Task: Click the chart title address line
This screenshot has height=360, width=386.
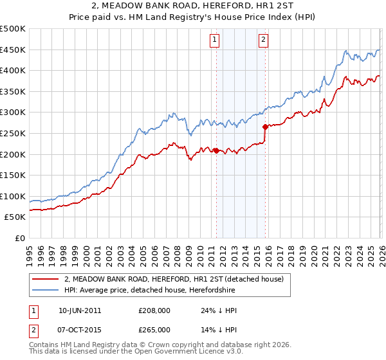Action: [x=193, y=7]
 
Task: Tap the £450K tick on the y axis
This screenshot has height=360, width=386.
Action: [x=13, y=50]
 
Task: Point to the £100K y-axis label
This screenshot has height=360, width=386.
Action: [x=13, y=196]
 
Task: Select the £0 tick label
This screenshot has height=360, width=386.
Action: [x=19, y=238]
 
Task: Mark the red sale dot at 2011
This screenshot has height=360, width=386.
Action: [x=216, y=151]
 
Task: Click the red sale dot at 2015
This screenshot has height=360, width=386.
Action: [x=265, y=127]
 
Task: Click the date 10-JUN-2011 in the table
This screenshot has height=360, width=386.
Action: [x=80, y=310]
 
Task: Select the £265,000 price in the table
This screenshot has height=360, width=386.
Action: [x=154, y=329]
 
